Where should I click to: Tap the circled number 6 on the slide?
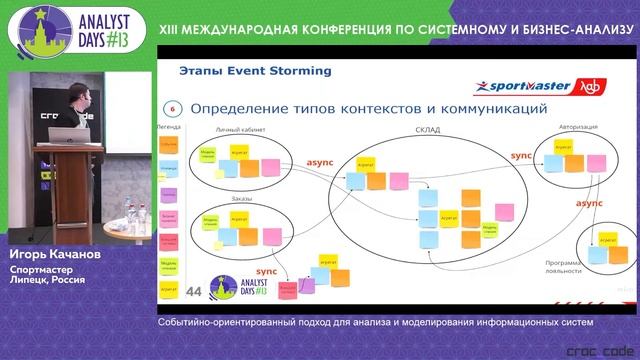172,108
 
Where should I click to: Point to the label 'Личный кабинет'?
237,129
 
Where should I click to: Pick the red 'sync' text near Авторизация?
522,157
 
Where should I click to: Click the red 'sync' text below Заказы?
266,271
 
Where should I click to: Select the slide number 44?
194,291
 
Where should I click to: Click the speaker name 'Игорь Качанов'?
56,255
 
